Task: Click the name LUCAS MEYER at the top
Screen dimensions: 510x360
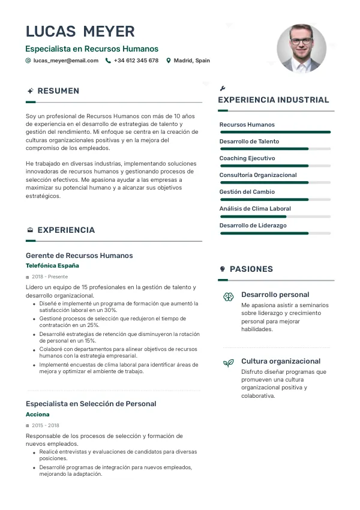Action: point(80,31)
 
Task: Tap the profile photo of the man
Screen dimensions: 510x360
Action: point(301,49)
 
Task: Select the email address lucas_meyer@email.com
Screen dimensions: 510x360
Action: point(66,61)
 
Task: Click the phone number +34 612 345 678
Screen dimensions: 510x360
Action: point(136,61)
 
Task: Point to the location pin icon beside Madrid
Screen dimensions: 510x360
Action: point(169,61)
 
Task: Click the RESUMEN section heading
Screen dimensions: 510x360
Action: point(58,91)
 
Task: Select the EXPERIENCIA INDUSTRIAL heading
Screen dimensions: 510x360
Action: point(273,100)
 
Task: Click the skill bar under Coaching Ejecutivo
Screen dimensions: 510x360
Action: point(275,166)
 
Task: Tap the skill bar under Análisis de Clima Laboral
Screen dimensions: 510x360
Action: point(275,216)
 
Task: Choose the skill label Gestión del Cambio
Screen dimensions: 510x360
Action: point(247,192)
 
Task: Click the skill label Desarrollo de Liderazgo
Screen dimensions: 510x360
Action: point(253,226)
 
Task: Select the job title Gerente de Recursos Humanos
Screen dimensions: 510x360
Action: point(79,256)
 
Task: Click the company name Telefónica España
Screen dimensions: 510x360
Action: point(52,265)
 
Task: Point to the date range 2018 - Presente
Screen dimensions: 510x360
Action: point(50,277)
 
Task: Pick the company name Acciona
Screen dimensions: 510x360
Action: point(38,415)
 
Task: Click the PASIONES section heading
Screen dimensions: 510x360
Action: point(251,269)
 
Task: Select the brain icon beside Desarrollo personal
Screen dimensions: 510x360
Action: point(229,296)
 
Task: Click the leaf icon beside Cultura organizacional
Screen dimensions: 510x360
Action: point(229,362)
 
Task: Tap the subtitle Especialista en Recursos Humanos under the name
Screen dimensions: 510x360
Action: point(92,49)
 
